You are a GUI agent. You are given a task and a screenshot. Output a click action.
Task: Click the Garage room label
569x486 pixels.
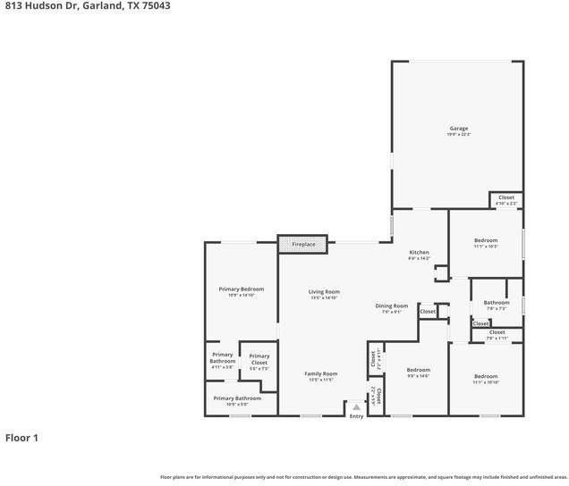[458, 130]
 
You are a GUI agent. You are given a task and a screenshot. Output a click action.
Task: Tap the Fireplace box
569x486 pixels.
[302, 243]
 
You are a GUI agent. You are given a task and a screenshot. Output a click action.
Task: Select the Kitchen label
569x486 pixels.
[419, 255]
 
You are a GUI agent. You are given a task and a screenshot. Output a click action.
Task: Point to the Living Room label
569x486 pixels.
[324, 294]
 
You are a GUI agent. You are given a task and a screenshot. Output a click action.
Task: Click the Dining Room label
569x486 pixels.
[391, 308]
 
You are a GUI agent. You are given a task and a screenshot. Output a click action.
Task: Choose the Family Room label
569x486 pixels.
[319, 375]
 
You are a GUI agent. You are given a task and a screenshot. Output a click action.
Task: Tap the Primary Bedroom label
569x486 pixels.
[242, 291]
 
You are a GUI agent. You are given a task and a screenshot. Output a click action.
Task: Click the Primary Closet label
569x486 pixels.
[259, 360]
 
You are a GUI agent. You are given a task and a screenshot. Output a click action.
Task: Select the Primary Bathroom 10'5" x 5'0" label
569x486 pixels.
[237, 400]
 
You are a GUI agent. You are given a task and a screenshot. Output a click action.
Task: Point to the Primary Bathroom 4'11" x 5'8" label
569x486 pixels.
[222, 359]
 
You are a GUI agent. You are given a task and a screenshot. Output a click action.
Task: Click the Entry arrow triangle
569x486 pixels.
[356, 406]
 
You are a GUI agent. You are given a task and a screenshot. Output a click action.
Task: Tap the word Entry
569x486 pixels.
[356, 415]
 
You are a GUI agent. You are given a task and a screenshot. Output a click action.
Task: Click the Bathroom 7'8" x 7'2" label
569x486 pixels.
[497, 305]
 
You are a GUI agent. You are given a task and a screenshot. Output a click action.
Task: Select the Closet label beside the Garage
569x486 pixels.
[505, 199]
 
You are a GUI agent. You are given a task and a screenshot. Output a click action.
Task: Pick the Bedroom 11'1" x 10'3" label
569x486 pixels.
[486, 243]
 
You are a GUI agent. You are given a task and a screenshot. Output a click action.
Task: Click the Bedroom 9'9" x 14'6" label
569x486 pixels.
[418, 372]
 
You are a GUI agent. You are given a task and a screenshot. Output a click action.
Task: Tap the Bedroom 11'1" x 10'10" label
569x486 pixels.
[486, 379]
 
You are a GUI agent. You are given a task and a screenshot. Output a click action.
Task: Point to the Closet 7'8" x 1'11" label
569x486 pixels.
[497, 335]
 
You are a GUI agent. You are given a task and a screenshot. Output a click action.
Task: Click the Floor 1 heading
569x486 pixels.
[22, 438]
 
